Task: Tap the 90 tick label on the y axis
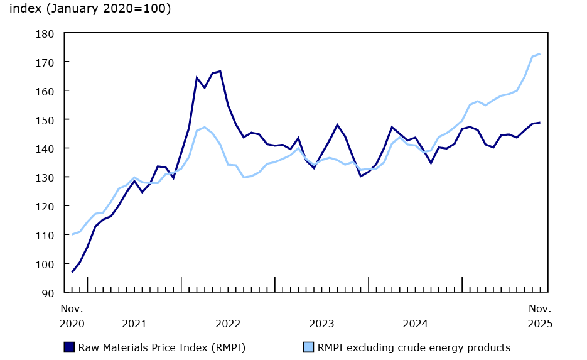[49, 292]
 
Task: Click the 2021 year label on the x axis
[134, 324]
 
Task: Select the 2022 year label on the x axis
[228, 324]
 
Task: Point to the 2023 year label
[321, 324]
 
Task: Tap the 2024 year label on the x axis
[415, 324]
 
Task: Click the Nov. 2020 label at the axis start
[72, 316]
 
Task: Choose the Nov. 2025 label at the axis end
[540, 316]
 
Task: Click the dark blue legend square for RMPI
[69, 347]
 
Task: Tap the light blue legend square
[309, 347]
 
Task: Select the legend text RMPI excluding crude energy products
[414, 347]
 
